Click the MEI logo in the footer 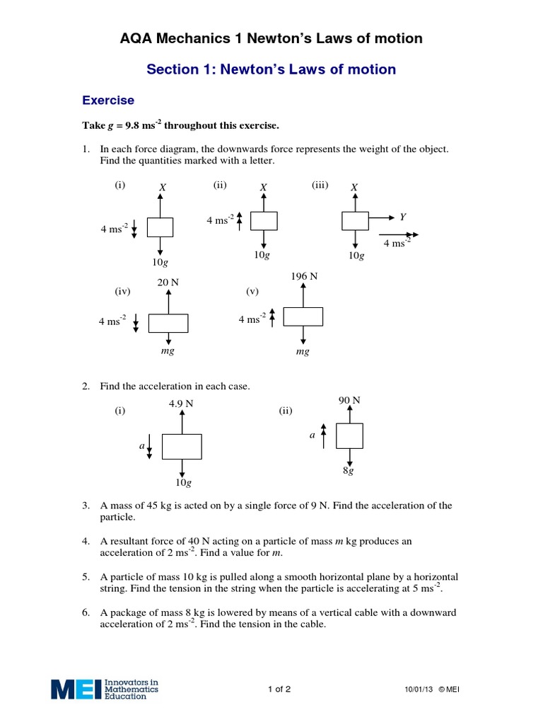(105, 689)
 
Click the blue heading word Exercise (108, 101)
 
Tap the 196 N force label (303, 276)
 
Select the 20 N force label (168, 282)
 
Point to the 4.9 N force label (182, 404)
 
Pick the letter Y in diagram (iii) (402, 217)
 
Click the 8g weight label (349, 470)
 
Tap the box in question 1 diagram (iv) (168, 323)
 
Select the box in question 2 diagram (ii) (349, 435)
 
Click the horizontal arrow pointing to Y (381, 220)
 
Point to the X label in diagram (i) (162, 187)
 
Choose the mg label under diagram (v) (303, 351)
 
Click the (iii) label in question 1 (320, 185)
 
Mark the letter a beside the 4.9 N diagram (141, 447)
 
